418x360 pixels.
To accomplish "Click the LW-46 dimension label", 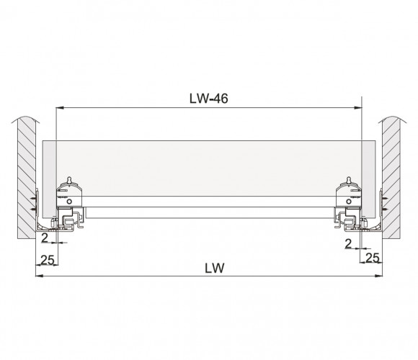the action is (209, 99).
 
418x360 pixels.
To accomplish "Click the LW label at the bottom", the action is (215, 268).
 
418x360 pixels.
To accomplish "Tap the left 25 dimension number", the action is (48, 260).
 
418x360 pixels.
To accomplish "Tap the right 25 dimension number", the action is (372, 258).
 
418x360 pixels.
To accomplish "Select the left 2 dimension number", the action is (45, 238).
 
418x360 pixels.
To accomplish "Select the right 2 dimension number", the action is (348, 243).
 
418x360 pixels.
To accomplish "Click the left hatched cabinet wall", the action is (27, 177).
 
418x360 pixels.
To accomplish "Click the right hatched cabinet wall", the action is (391, 177).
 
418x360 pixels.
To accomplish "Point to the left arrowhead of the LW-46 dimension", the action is (59, 108).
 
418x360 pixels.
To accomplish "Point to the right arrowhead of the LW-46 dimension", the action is (358, 108).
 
